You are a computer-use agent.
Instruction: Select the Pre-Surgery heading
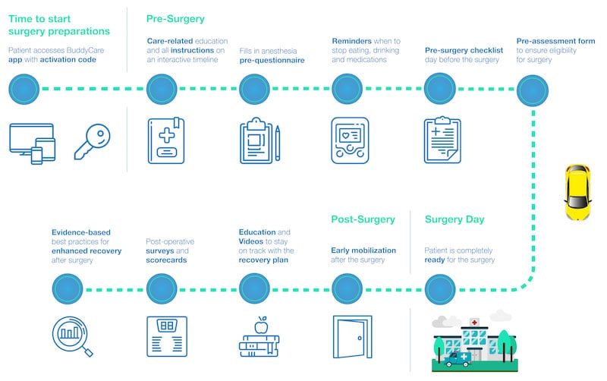[175, 17]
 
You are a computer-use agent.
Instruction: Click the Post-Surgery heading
[363, 219]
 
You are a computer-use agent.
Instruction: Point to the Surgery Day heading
[454, 219]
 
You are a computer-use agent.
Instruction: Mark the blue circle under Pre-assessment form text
[533, 90]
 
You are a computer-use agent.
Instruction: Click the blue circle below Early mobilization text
[348, 288]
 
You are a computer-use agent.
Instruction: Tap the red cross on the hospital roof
[474, 323]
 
